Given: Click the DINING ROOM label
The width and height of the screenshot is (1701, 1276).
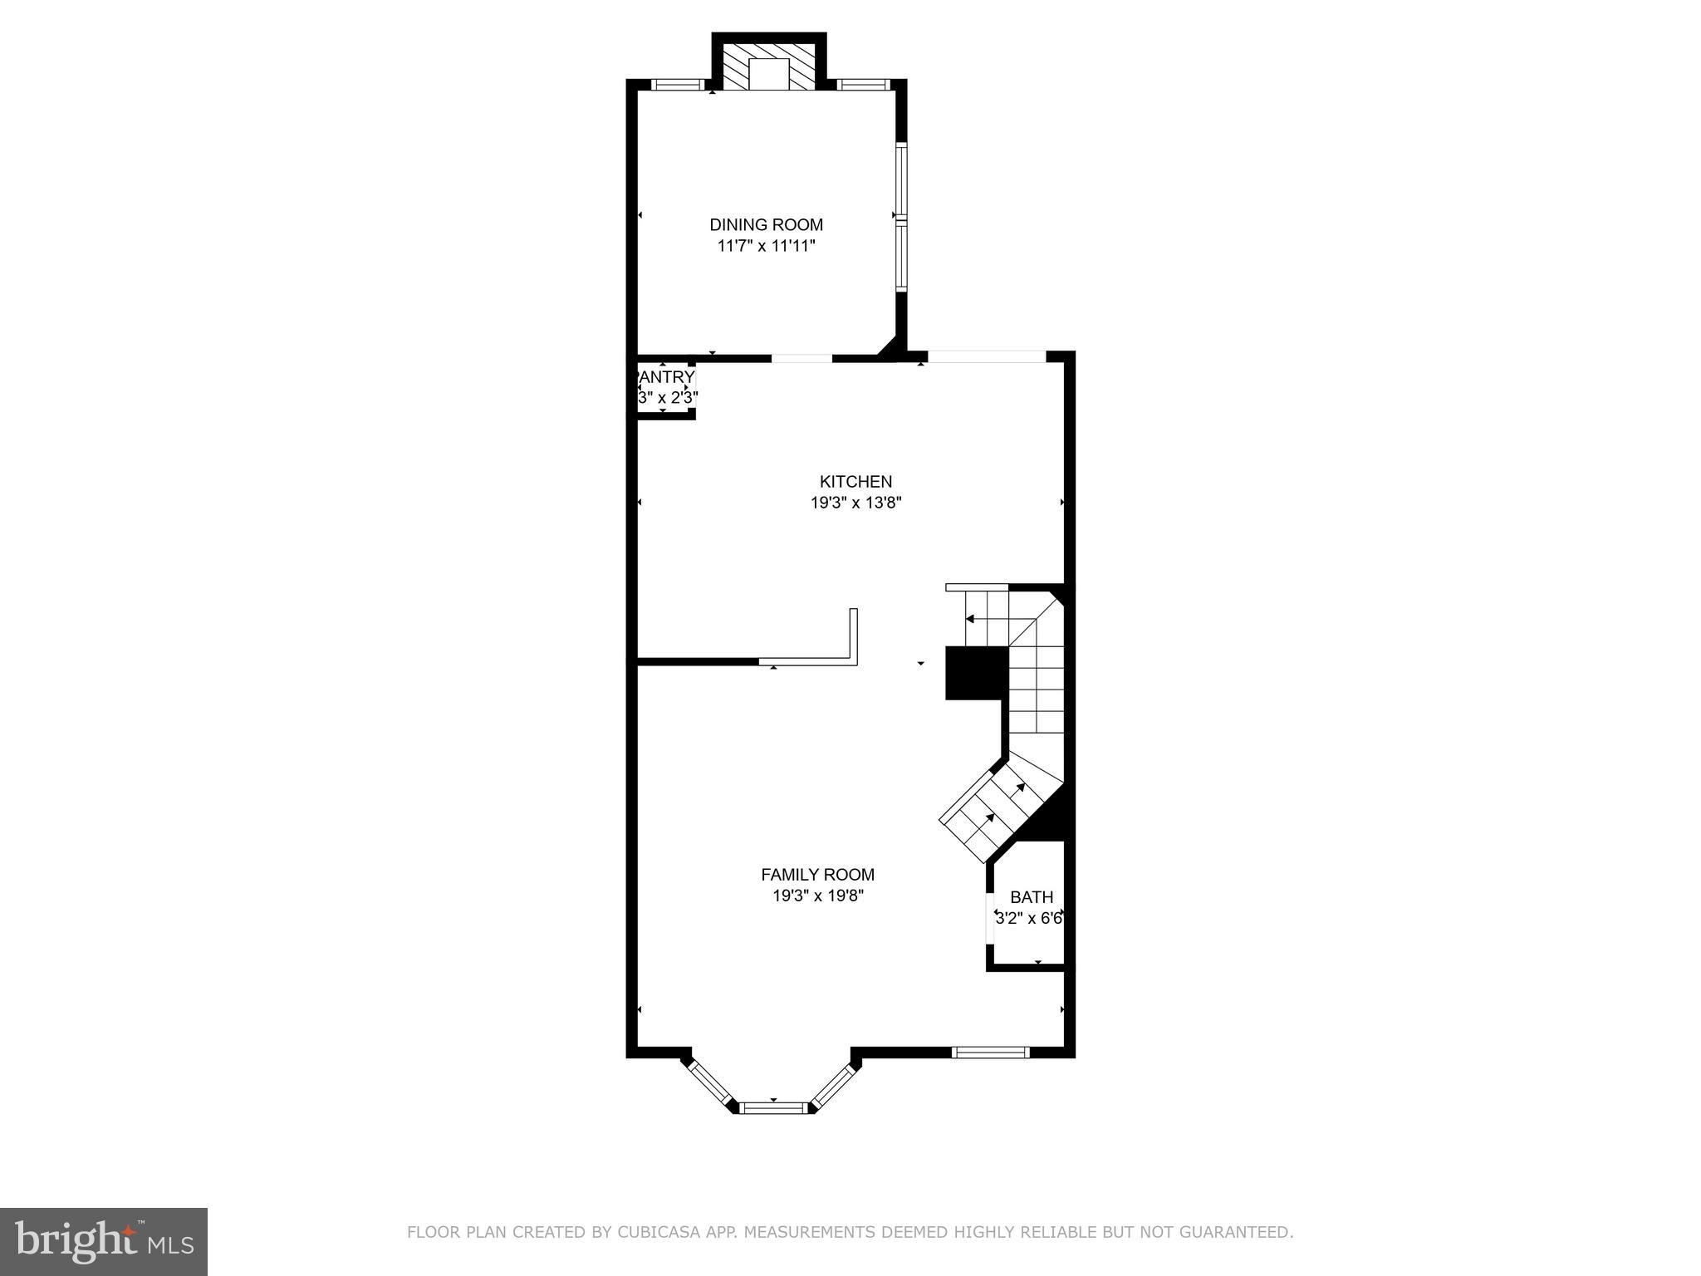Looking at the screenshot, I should point(766,224).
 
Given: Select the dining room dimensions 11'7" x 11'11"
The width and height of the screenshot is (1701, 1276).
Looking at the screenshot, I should point(766,246).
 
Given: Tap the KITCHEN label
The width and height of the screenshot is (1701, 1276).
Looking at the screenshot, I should point(855,481).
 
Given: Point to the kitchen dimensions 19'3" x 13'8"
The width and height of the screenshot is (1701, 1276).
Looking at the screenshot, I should point(855,503).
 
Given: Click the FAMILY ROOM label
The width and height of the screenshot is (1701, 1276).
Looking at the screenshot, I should point(817,874).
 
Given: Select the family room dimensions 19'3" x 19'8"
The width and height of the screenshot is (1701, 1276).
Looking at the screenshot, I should point(817,896).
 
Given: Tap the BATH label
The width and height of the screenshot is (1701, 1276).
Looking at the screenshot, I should point(1032,897).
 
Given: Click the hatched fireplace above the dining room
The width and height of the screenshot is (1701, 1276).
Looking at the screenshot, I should point(769,66).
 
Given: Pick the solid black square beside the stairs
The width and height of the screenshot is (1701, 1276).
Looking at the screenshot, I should point(976,673).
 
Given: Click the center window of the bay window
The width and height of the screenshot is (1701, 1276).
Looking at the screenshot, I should point(773,1107).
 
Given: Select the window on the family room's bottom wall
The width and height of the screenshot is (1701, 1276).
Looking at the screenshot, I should point(990,1052).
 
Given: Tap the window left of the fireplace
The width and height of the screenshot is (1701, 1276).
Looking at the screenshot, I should point(677,84).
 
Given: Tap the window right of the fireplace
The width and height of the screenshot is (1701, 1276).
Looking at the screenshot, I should point(863,84).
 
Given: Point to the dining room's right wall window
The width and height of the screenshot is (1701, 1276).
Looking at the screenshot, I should point(901,216).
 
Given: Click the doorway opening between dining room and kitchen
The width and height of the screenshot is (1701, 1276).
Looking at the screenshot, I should point(801,359).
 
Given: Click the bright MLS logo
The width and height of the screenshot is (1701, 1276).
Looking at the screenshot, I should point(103,1241).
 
